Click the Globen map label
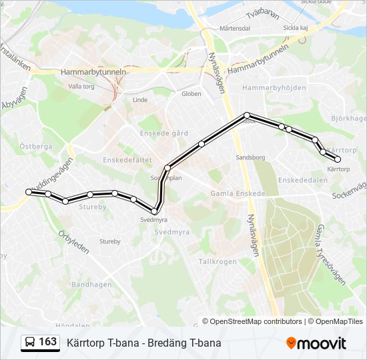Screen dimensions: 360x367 click(x=192, y=94)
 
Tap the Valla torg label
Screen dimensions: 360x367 click(x=81, y=87)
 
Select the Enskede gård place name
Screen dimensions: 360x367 click(x=159, y=133)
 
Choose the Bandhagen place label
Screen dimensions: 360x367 click(x=91, y=285)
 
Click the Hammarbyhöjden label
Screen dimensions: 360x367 click(x=274, y=88)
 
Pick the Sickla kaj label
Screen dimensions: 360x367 click(x=295, y=28)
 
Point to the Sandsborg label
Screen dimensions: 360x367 click(x=251, y=158)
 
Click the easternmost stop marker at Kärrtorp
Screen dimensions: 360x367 click(x=338, y=159)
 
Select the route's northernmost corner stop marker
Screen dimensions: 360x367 click(x=247, y=115)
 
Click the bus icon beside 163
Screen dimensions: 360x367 click(x=30, y=343)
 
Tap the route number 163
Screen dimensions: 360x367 click(x=48, y=342)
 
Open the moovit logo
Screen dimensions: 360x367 click(x=316, y=343)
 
